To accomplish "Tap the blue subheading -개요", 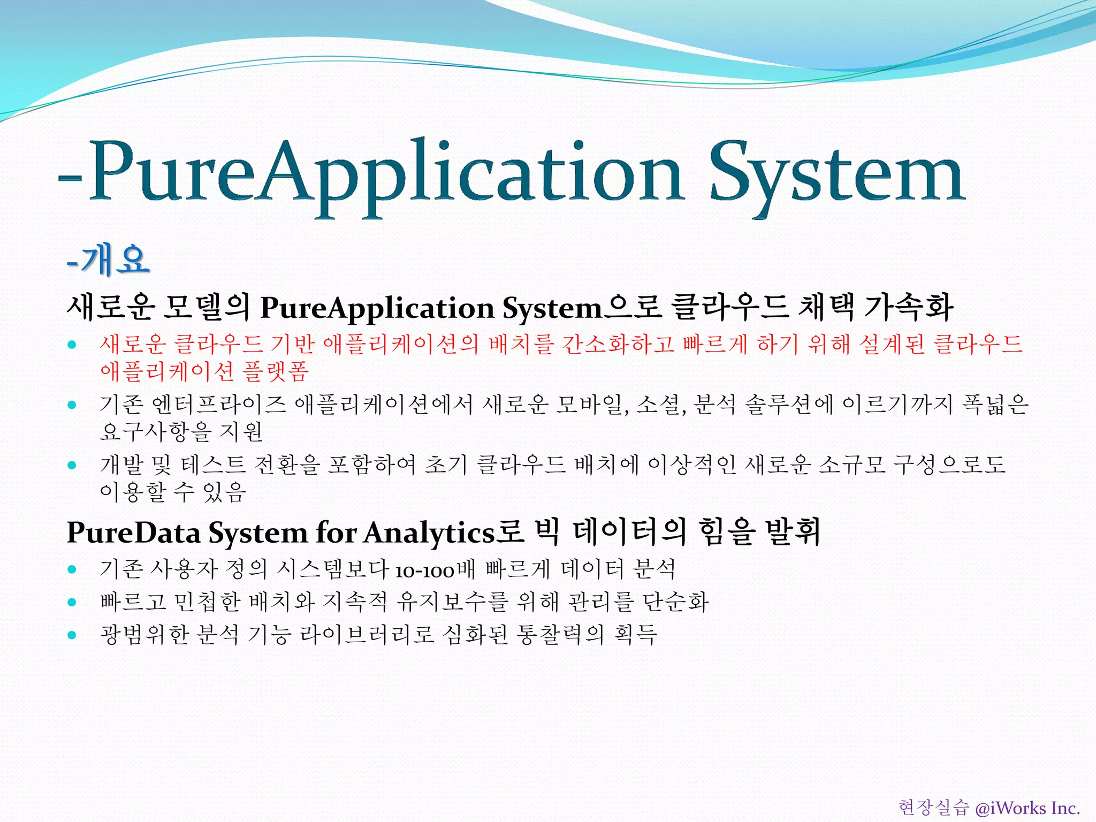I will [109, 261].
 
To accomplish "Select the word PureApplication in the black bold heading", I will [377, 309].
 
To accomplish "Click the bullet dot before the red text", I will [72, 345].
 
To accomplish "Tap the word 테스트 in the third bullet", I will [213, 465].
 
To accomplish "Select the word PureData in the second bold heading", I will [133, 533].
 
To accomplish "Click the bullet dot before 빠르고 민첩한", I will [72, 602].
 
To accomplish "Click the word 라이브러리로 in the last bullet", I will [366, 635].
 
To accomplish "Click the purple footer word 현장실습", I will [933, 808].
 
